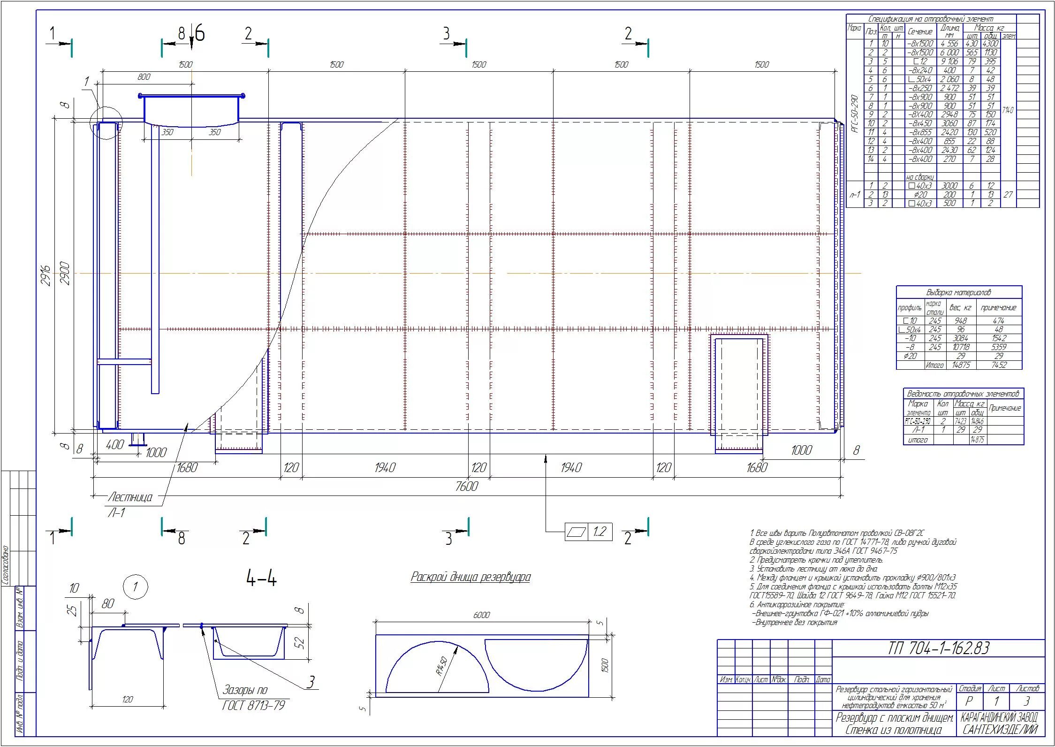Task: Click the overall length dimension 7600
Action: (466, 487)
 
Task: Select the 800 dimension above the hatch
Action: (144, 77)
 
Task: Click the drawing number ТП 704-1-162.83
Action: (938, 648)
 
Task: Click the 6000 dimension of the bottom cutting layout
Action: (481, 615)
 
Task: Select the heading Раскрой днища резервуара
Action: (471, 577)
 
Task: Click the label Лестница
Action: (130, 497)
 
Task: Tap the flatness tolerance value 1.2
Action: (600, 532)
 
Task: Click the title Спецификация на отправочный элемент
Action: (930, 19)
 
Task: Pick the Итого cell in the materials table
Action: (934, 365)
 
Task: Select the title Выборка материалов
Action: (958, 292)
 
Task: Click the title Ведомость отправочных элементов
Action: (963, 394)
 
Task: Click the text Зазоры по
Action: (245, 690)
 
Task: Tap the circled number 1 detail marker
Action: (135, 587)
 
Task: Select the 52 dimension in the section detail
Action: (301, 642)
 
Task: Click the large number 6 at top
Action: (200, 34)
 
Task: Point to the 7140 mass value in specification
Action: (1008, 110)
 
